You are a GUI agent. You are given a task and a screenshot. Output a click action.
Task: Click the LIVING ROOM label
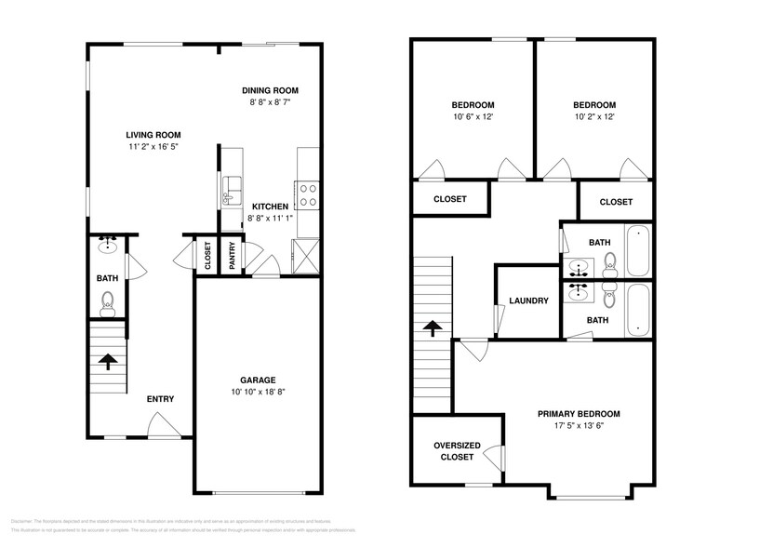click(x=154, y=134)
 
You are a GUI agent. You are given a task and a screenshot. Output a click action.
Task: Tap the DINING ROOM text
click(x=270, y=90)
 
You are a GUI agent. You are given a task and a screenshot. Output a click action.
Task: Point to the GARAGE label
click(x=258, y=380)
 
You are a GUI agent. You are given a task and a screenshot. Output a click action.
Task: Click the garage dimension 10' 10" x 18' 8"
click(x=258, y=393)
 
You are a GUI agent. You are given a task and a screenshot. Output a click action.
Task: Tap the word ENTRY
click(x=160, y=399)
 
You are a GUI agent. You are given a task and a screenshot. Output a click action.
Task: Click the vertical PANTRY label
click(x=232, y=254)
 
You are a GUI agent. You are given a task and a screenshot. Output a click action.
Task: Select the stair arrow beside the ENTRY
click(x=108, y=361)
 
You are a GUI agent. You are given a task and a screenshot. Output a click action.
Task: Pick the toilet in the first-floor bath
click(x=108, y=301)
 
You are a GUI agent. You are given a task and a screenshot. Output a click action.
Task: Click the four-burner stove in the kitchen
click(x=308, y=193)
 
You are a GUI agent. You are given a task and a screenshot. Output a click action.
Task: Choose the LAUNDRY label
click(x=528, y=300)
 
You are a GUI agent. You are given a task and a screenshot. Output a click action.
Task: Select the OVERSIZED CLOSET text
click(x=457, y=451)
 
